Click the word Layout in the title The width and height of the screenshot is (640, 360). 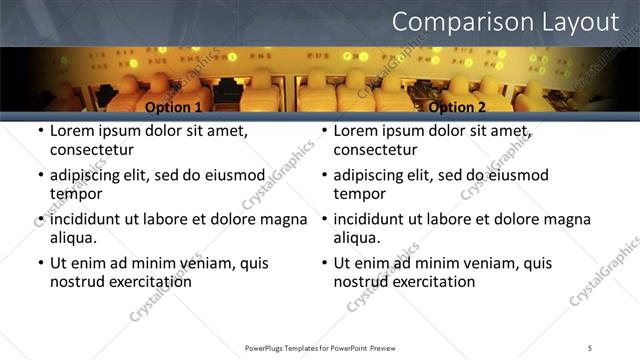574,22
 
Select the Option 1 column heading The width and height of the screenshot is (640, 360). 174,107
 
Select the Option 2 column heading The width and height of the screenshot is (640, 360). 457,107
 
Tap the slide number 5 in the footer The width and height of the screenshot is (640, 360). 590,347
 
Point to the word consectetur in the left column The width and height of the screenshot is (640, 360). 91,150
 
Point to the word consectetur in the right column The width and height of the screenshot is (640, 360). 374,150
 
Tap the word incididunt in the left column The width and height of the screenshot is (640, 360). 92,219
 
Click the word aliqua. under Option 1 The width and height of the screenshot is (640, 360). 73,238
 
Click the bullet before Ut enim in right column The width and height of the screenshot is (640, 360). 324,263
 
